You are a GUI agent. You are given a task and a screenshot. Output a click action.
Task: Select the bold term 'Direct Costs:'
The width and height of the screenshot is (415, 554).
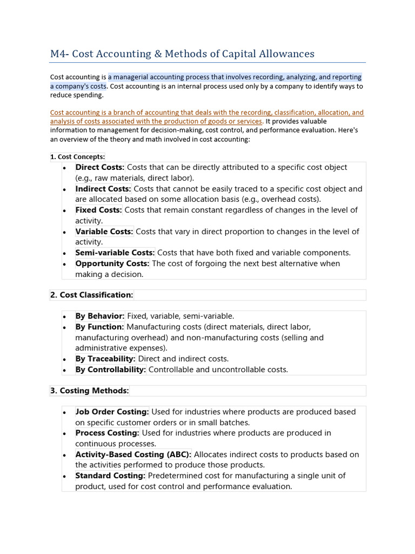tap(100, 167)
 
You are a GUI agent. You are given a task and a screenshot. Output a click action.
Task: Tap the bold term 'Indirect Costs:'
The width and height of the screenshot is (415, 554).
tap(103, 189)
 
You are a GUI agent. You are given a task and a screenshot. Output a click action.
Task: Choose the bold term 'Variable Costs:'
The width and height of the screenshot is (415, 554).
tap(104, 232)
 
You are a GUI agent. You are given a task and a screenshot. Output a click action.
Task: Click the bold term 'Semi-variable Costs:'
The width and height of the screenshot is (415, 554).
tap(115, 253)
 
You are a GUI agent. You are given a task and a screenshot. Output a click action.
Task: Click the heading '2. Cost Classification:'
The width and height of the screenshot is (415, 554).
tap(91, 295)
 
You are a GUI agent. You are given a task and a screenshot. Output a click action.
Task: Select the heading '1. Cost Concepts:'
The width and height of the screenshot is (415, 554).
tap(77, 157)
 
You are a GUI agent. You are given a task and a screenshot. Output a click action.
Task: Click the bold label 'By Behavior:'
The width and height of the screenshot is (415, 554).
tap(100, 316)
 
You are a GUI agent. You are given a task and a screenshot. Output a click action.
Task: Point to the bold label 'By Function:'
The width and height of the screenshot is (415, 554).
tap(100, 327)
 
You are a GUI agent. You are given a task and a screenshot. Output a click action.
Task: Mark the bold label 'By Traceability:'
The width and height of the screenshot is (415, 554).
tap(105, 359)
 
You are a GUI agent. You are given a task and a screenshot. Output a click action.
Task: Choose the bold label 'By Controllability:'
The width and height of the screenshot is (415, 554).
tap(111, 370)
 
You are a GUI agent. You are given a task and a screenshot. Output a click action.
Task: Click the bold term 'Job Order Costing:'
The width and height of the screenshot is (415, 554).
tap(112, 412)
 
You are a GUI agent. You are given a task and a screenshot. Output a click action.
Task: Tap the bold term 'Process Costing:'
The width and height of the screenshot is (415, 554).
tap(108, 433)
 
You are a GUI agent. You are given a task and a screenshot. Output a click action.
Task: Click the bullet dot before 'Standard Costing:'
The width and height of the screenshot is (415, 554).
tap(64, 476)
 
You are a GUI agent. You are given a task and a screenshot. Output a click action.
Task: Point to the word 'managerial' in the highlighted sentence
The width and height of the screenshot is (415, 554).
tap(131, 77)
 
